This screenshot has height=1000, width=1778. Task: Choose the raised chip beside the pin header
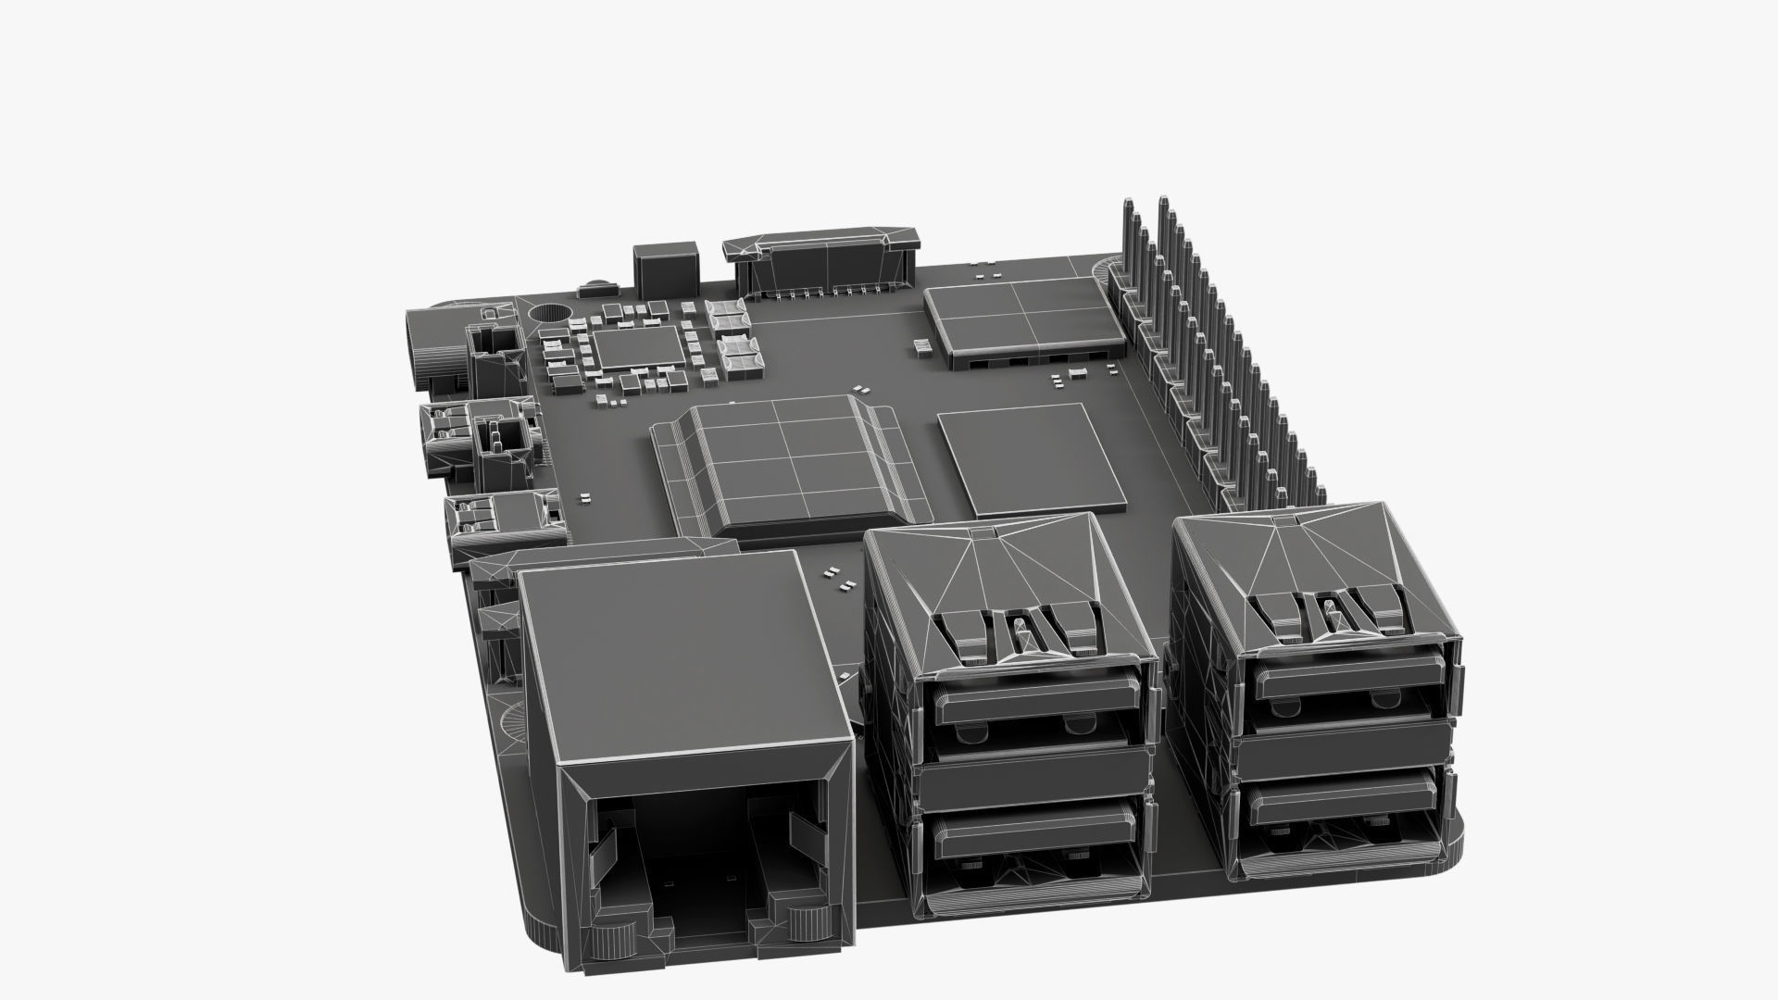(1019, 319)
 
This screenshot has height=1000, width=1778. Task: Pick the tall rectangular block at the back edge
(665, 267)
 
